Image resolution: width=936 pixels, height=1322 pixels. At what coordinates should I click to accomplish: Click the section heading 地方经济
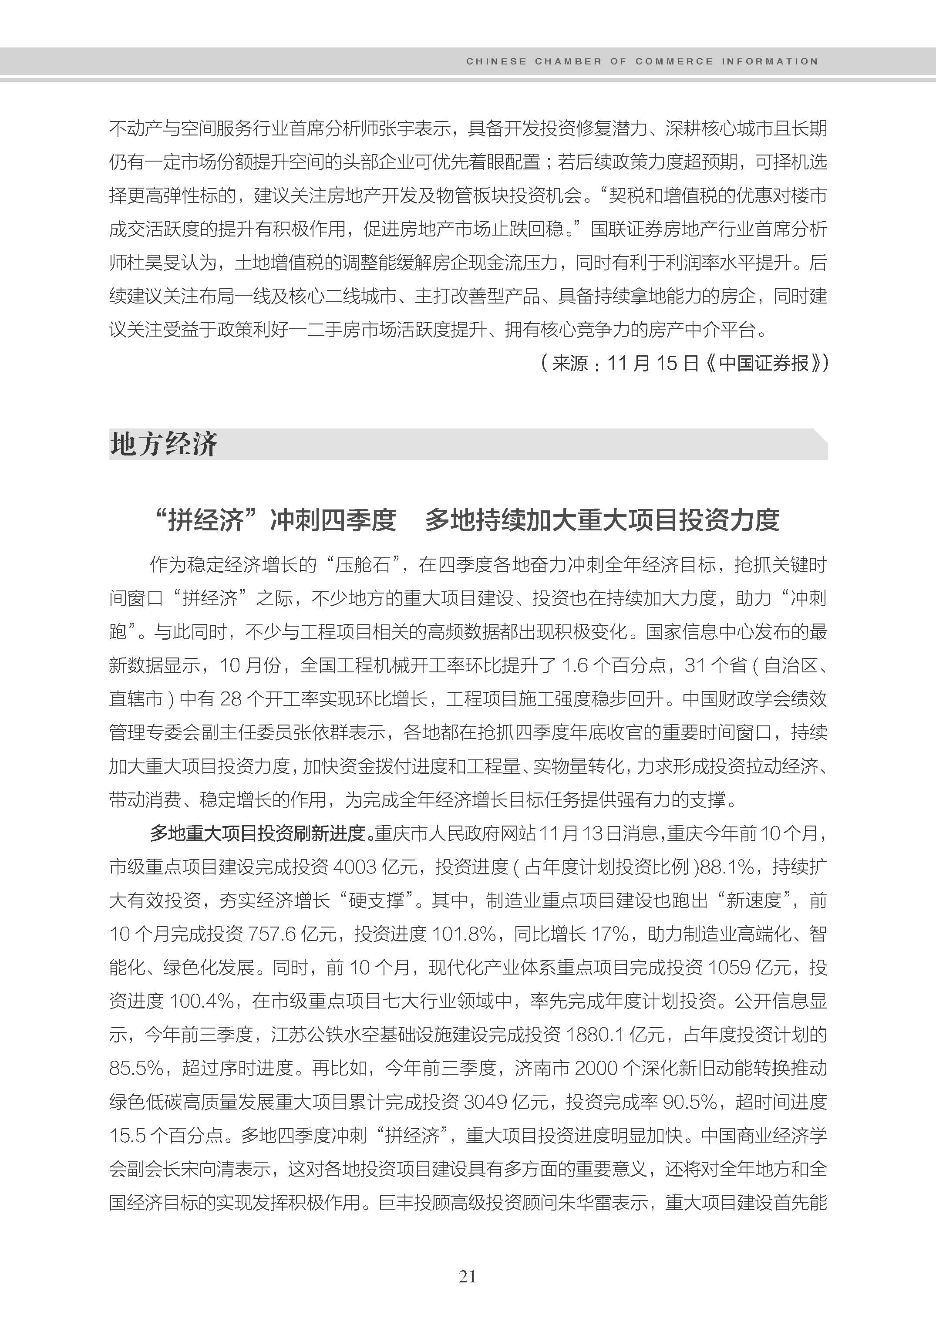pos(164,445)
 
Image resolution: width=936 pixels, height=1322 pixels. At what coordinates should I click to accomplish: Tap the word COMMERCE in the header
pos(674,61)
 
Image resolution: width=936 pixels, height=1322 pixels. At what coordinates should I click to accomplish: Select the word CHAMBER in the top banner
pos(568,61)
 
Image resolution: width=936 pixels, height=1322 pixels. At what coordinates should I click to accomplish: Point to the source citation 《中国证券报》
pos(765,363)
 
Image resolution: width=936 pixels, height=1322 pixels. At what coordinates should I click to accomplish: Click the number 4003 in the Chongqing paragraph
pos(354,867)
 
